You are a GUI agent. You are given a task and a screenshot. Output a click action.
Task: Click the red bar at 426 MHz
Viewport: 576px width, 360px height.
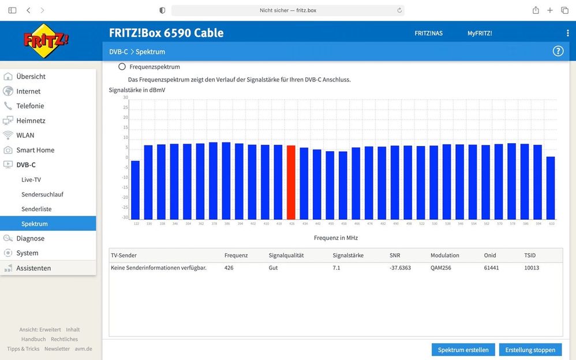[x=291, y=182]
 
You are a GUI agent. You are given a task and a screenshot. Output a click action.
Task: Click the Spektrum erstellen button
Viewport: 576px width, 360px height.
[x=463, y=350]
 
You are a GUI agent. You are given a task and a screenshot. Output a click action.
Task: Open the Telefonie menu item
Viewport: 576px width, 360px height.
[x=30, y=106]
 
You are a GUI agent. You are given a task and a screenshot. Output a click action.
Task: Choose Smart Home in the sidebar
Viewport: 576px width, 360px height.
[x=35, y=150]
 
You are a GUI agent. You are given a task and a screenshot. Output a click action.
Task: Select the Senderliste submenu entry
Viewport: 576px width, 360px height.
[x=36, y=209]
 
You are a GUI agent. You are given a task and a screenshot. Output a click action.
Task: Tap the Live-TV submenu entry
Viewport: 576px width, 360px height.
[x=31, y=179]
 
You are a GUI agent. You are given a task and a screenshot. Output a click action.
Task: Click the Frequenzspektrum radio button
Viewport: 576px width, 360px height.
[x=122, y=67]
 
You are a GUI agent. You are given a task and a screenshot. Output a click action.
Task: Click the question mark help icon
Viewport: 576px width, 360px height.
[x=558, y=51]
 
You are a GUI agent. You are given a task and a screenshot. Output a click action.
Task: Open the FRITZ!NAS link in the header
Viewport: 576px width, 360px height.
[x=428, y=33]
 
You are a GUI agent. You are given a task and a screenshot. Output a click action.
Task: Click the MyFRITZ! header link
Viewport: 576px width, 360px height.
[x=480, y=33]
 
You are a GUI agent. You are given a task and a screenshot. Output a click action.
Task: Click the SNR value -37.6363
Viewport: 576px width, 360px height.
[x=400, y=268]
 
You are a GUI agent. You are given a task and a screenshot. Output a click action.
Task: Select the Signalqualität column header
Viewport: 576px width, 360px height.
[x=286, y=255]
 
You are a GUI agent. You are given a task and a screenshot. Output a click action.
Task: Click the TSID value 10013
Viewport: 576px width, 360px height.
[x=532, y=268]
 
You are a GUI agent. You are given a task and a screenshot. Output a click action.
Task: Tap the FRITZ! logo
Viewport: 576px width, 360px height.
[x=46, y=40]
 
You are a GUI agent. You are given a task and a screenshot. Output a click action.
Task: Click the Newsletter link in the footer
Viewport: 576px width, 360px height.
[x=57, y=348]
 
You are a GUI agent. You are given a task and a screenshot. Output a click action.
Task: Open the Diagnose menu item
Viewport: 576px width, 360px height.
[x=30, y=238]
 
